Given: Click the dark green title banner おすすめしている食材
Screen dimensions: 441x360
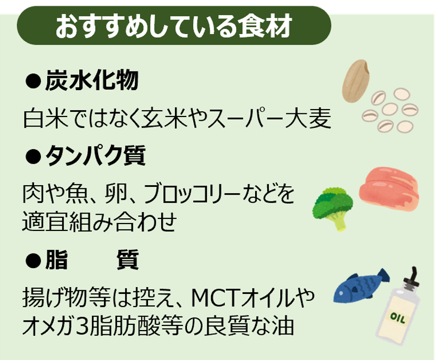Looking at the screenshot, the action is (174, 26).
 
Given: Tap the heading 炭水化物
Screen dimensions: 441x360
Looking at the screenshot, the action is (92, 80).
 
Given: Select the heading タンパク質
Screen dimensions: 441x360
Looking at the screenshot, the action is (96, 155).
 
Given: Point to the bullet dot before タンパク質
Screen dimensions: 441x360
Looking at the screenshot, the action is (33, 156).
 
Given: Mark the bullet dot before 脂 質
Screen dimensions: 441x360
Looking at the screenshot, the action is (33, 260).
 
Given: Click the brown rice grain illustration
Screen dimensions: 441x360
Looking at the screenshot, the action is (355, 81).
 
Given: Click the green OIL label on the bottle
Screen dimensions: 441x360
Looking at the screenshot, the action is (398, 318).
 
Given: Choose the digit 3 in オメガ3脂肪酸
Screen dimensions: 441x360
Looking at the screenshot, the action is (83, 326).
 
